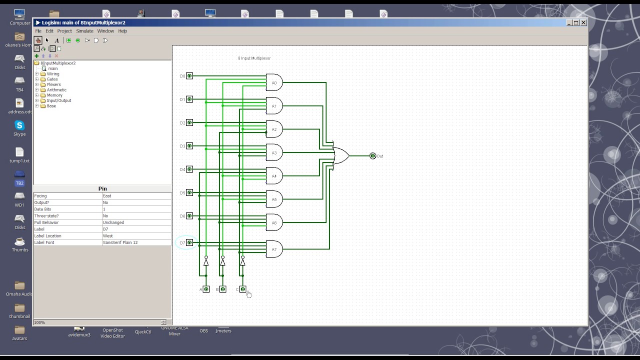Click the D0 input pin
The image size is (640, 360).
(x=189, y=76)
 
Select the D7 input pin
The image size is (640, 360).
(x=189, y=243)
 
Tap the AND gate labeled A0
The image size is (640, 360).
(x=274, y=82)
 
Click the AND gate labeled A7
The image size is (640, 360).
(x=274, y=249)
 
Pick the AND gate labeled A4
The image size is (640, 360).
(x=274, y=176)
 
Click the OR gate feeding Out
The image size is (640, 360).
(x=341, y=156)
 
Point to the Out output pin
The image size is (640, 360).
(x=372, y=156)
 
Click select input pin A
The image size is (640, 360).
(x=206, y=289)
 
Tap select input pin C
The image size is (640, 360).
(x=243, y=289)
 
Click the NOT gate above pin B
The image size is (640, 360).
(x=222, y=261)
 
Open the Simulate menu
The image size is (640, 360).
(x=84, y=31)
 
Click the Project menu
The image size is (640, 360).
(x=64, y=31)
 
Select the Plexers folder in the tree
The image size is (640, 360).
(x=53, y=84)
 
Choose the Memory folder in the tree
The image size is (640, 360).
(x=54, y=95)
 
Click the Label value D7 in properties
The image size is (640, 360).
(x=136, y=229)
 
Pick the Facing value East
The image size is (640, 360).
(x=136, y=196)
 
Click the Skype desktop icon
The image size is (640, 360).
(x=19, y=126)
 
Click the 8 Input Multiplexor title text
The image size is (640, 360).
(x=254, y=58)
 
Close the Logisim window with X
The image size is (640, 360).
(x=583, y=22)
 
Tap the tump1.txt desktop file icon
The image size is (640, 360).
(x=19, y=152)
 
